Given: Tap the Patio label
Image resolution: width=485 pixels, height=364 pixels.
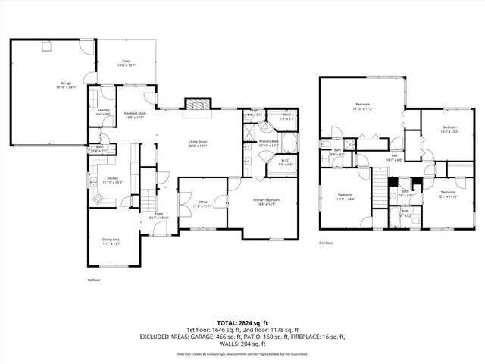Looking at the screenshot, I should point(126,63).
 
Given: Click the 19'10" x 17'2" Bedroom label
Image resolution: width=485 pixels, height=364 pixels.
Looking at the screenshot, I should point(362,105).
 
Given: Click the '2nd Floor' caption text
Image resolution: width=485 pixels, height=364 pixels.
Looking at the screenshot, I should point(327,243).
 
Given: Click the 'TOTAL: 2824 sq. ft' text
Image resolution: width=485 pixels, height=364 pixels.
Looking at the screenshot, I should point(242,322).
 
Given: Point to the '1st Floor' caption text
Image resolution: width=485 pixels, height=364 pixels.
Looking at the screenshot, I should point(95,280).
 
